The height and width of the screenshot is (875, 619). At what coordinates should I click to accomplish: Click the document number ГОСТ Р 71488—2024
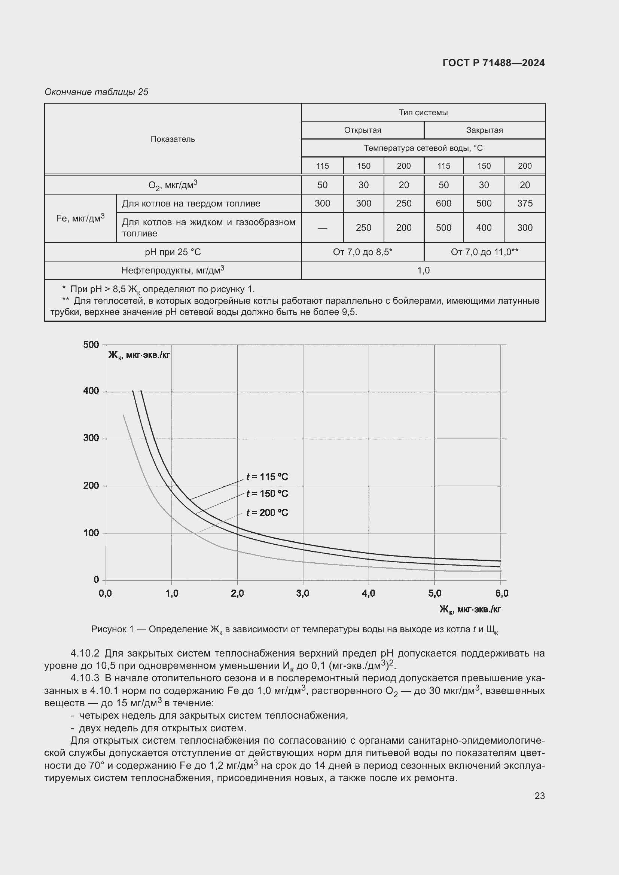pos(493,63)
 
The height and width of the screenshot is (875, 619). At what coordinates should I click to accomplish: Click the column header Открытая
pos(362,130)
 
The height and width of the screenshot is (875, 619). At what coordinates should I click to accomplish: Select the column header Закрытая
pos(484,130)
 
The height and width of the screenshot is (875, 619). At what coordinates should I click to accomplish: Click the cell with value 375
pos(524,203)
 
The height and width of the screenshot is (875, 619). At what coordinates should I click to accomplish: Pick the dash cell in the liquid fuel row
pos(322,227)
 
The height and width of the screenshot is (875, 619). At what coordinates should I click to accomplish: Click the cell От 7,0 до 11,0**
pos(484,252)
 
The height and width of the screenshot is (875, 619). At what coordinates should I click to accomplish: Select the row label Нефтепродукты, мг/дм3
pos(173,270)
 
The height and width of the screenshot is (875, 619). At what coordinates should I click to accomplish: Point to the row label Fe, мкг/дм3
pos(80,218)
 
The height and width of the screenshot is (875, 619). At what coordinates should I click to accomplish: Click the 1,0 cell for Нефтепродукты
pos(423,270)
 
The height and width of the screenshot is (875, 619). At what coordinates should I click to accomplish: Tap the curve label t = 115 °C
pos(267,477)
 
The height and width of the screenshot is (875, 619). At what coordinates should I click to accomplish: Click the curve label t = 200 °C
pos(267,513)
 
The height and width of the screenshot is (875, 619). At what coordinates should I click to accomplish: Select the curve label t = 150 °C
pos(267,493)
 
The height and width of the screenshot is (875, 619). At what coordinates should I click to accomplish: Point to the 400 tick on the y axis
pos(91,391)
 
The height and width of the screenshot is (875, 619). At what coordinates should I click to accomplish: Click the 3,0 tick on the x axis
pos(303,593)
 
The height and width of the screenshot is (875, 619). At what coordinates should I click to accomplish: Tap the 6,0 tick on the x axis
pos(501,593)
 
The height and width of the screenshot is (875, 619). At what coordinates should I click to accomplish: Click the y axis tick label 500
pos(91,345)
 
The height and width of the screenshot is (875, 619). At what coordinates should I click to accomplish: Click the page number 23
pos(539,796)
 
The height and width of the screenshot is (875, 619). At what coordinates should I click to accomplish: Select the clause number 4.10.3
pos(85,678)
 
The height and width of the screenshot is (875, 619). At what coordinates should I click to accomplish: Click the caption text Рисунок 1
pos(112,629)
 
